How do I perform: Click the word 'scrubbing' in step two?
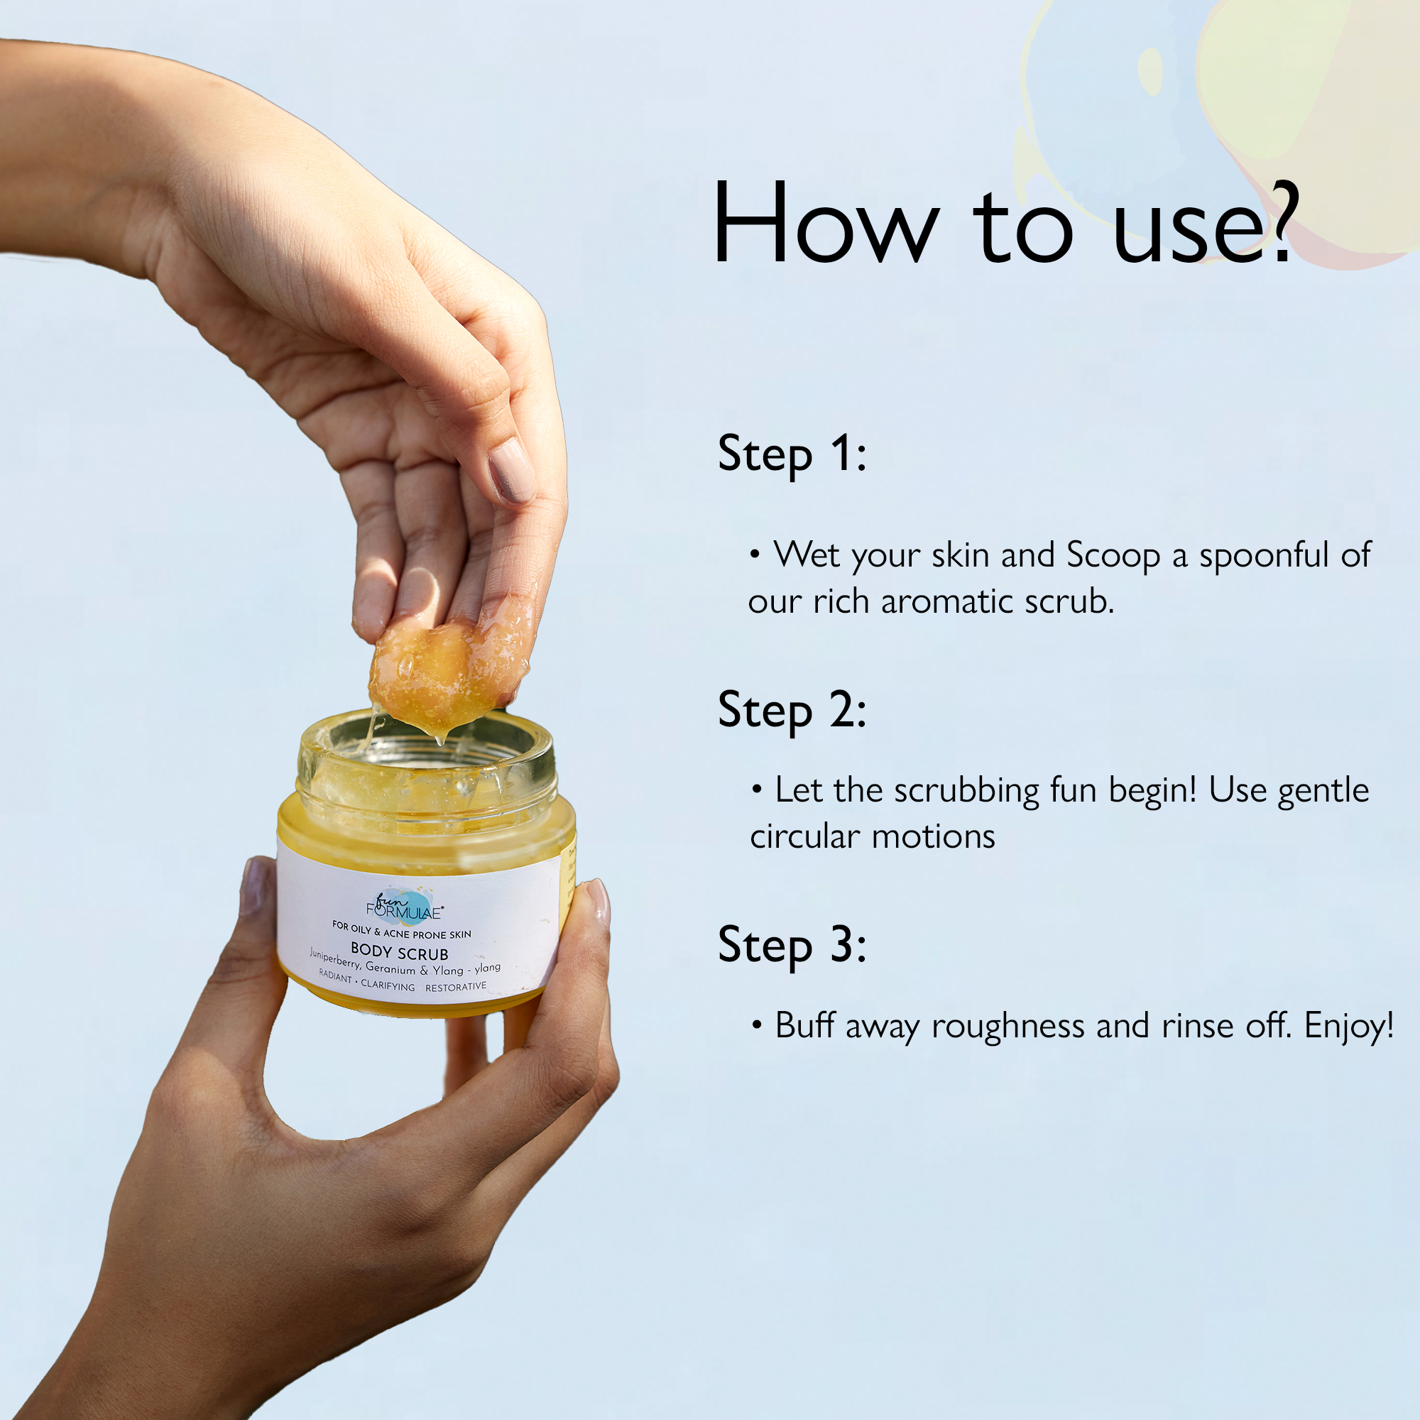pyautogui.click(x=966, y=792)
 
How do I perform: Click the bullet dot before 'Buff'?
pyautogui.click(x=757, y=1027)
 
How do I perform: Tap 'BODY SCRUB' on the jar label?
pyautogui.click(x=400, y=954)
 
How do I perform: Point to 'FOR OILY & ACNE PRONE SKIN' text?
pyautogui.click(x=401, y=931)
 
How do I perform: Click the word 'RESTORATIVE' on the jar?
pyautogui.click(x=456, y=987)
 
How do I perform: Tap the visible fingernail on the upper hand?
pyautogui.click(x=511, y=471)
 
